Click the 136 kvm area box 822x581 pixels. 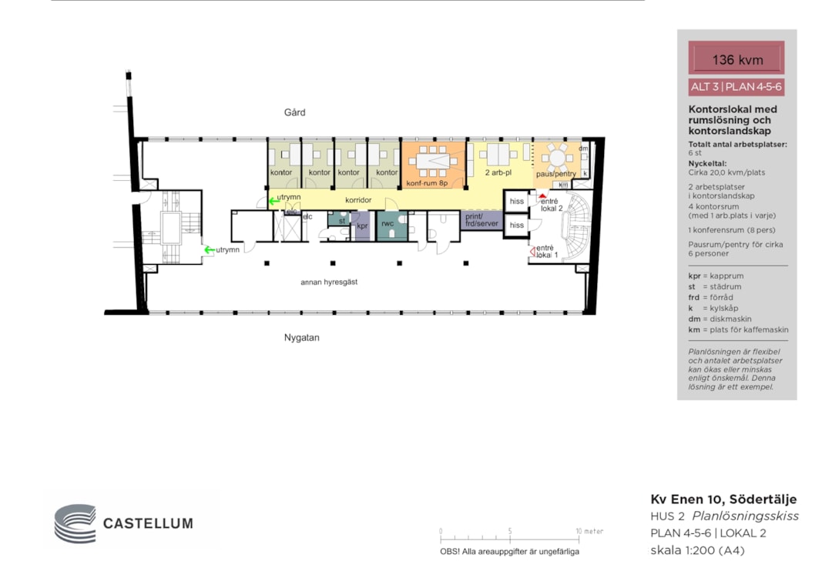click(x=736, y=58)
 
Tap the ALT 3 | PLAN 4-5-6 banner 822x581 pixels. click(x=736, y=87)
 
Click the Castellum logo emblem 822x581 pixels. click(x=75, y=523)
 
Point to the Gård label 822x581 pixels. click(x=294, y=112)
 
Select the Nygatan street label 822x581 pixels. click(x=301, y=338)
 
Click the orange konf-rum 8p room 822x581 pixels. click(x=433, y=165)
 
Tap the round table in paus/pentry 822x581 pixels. click(x=557, y=158)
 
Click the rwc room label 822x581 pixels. click(x=388, y=223)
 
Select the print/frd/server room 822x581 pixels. click(x=481, y=220)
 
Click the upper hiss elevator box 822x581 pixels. click(x=516, y=202)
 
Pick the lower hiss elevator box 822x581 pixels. click(x=516, y=225)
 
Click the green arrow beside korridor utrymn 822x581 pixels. click(x=273, y=201)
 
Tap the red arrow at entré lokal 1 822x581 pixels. click(x=532, y=252)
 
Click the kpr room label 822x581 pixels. click(x=362, y=226)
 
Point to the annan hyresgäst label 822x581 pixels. click(x=329, y=282)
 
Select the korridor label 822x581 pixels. click(x=358, y=200)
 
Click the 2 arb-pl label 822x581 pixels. click(x=498, y=172)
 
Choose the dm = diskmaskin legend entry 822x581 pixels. click(x=720, y=319)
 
